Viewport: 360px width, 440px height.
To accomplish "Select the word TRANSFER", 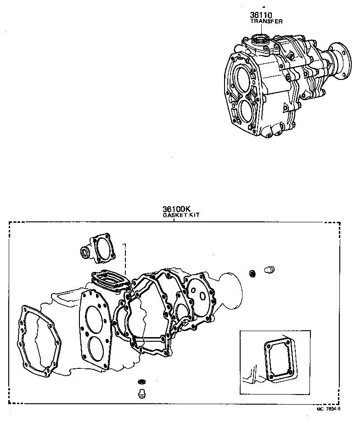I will tap(266, 21).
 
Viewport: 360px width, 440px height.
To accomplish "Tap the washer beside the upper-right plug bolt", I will tap(253, 274).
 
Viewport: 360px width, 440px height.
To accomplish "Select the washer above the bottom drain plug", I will tap(142, 382).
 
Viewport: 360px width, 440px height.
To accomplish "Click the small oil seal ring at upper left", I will tap(85, 252).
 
